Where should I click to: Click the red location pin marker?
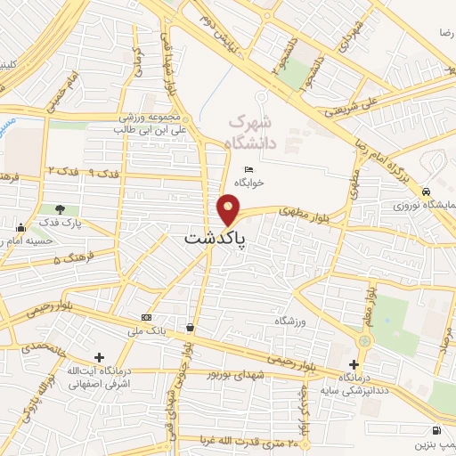tap(229, 210)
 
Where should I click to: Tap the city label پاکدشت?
tap(217, 239)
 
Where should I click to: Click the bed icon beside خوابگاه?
tap(248, 168)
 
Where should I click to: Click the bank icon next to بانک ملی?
tap(146, 318)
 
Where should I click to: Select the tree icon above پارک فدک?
tap(61, 208)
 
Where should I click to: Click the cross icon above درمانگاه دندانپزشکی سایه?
tap(354, 364)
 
